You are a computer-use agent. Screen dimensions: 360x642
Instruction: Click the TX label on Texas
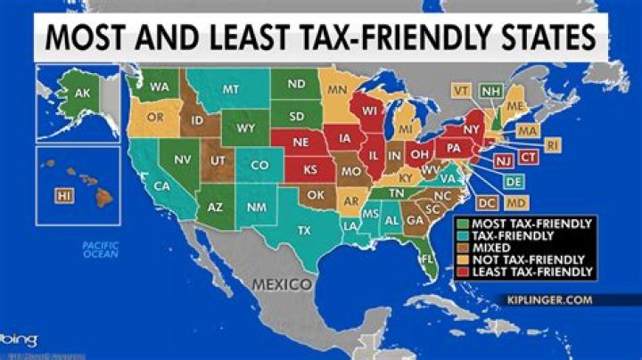303,230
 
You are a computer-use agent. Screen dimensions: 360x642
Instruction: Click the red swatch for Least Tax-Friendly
463,271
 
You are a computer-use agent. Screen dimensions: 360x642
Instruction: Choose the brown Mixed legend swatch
463,247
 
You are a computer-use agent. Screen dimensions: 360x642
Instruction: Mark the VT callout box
461,90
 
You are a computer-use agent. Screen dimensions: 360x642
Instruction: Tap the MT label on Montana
231,90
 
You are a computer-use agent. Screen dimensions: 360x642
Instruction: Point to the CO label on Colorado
259,166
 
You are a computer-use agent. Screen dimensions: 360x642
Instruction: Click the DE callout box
514,181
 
